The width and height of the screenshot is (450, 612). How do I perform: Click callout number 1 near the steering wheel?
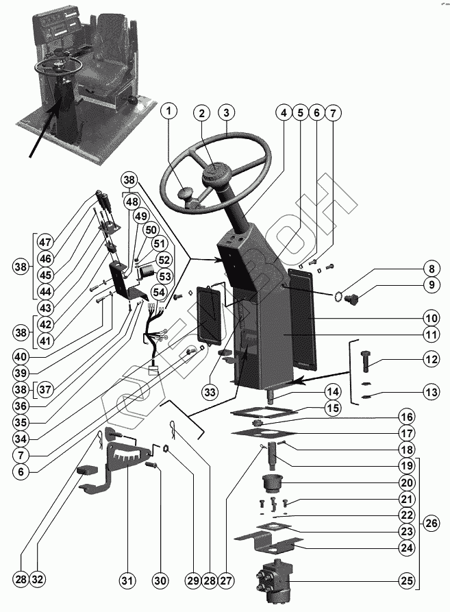coord(171,112)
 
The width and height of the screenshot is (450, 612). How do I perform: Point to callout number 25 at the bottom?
coord(408,581)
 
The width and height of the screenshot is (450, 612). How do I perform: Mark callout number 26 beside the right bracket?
coord(431,524)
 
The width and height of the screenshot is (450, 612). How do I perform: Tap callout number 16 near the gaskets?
coord(408,417)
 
